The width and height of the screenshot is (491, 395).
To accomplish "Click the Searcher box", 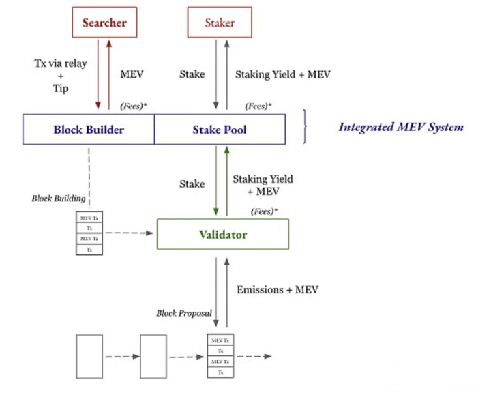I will point(104,23).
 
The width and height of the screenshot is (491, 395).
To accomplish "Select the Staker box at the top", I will point(220,23).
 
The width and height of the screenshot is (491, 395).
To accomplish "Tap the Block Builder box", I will point(89,130).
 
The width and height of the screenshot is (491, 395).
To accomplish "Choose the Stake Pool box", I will point(220,130).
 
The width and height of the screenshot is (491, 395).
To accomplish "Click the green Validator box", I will point(223,234).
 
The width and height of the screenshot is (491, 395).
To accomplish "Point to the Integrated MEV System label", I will point(401,127).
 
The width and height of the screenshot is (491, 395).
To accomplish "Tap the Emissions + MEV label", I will point(277,289).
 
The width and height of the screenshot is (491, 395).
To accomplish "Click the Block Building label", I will point(59,199).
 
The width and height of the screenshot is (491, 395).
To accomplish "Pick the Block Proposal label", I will point(184,313).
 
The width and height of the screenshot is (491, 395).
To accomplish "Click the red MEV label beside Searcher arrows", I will point(132,74).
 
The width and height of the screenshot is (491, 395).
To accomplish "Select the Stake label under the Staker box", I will point(192,74).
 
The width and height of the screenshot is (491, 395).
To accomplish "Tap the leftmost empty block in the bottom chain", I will point(90,357).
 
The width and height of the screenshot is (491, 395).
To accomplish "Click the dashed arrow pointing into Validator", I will point(130,233).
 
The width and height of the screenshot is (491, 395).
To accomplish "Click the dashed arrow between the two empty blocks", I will point(121,357).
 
